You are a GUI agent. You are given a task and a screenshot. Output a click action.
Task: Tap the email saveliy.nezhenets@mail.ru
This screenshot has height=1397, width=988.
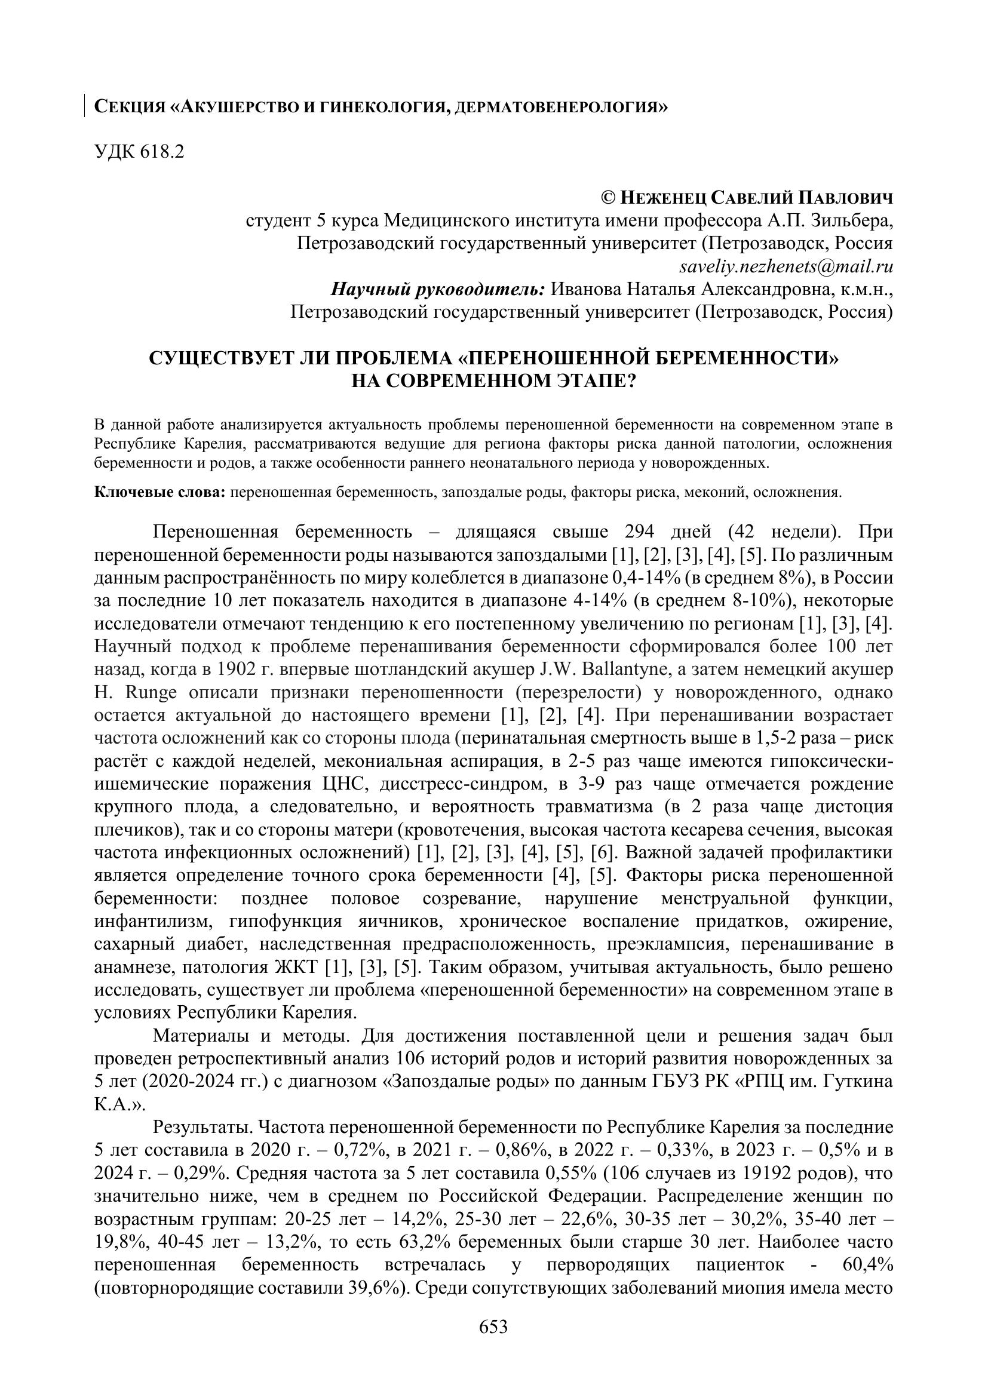click(x=786, y=266)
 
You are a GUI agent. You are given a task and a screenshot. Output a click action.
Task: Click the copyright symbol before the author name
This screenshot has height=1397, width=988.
click(x=608, y=198)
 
